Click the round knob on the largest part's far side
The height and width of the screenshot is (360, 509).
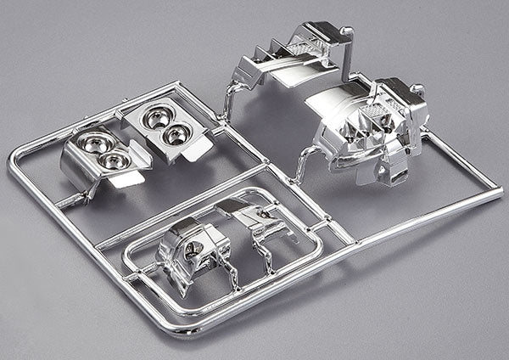[417, 88]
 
